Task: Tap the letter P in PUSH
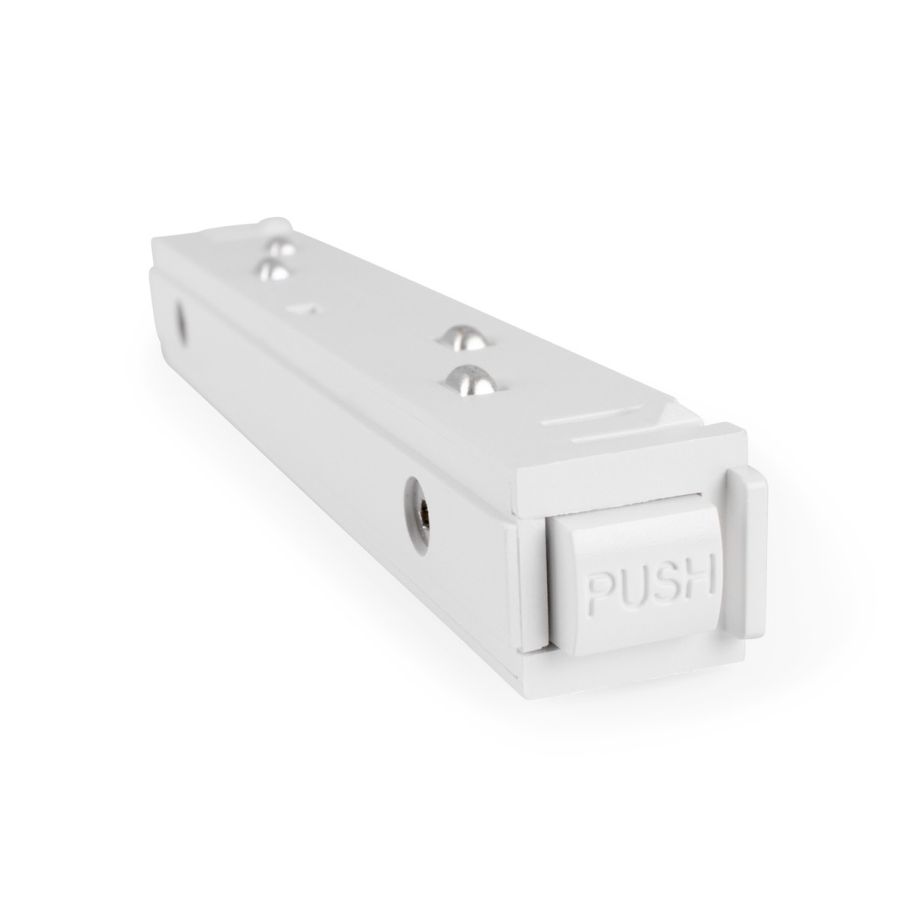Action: (601, 590)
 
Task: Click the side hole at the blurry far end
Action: (182, 320)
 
